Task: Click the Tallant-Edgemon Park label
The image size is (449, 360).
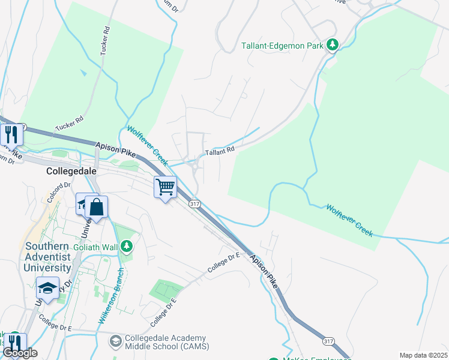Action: (x=282, y=45)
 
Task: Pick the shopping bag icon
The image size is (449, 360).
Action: (x=96, y=208)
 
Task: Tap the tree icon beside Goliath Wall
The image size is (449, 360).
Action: (x=126, y=245)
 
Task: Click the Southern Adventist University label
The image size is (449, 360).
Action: (x=48, y=257)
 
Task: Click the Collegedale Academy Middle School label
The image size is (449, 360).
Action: (x=165, y=343)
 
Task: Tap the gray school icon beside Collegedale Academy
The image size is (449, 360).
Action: (x=115, y=341)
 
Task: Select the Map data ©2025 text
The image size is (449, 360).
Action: (x=424, y=355)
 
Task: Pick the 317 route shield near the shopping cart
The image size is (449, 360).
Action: (x=194, y=204)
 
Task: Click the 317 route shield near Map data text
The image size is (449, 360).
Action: (x=328, y=341)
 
